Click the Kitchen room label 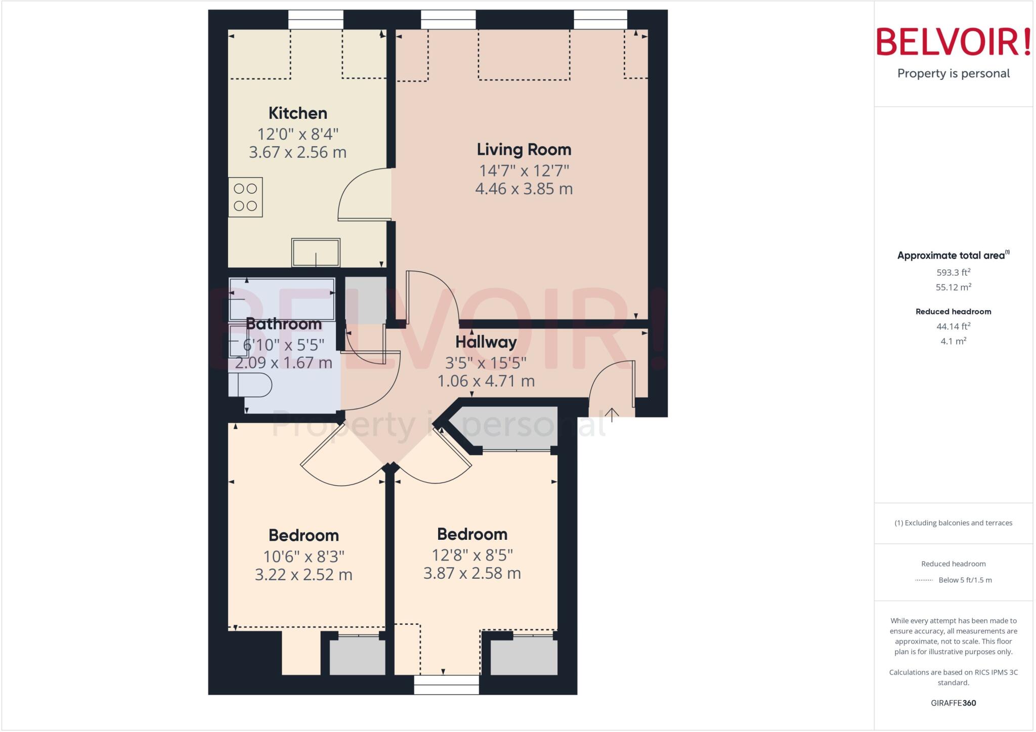tap(297, 113)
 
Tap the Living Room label tap(524, 149)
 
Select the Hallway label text tap(486, 342)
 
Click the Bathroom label tap(283, 324)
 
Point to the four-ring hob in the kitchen tap(245, 197)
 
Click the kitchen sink tap(316, 252)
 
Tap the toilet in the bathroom tap(250, 385)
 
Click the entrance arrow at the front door tap(612, 415)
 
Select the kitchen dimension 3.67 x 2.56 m tap(297, 152)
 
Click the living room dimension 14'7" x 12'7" tap(524, 170)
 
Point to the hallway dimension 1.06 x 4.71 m tap(486, 381)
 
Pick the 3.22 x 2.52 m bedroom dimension tap(304, 575)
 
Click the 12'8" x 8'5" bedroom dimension tap(472, 555)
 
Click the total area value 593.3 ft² tap(953, 272)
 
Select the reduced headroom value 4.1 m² tap(953, 341)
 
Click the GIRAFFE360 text tap(953, 703)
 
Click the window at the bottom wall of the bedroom tap(446, 685)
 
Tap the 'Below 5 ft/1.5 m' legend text tap(965, 580)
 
